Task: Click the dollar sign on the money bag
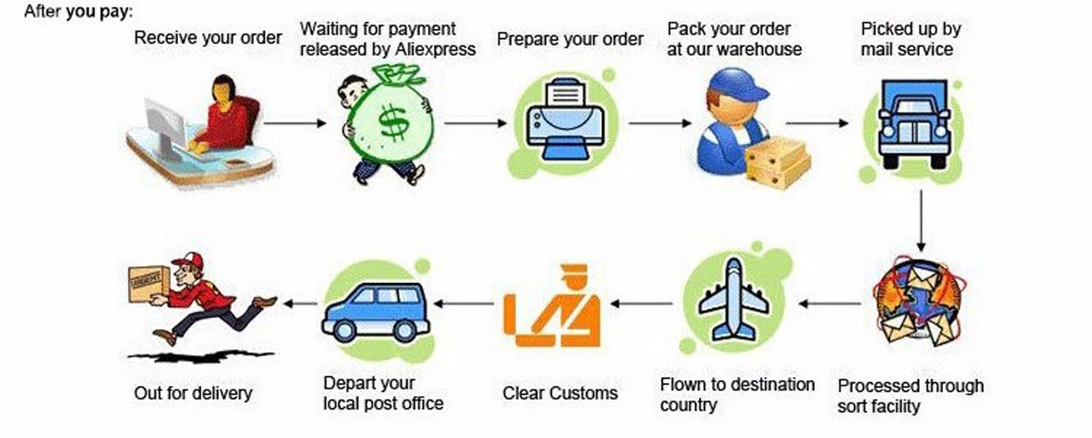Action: pos(394,123)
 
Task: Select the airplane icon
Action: pos(734,298)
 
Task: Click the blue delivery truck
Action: pos(913,124)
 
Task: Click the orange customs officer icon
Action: pos(553,306)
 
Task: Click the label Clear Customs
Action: pos(560,394)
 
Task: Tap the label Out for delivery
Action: pos(193,394)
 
